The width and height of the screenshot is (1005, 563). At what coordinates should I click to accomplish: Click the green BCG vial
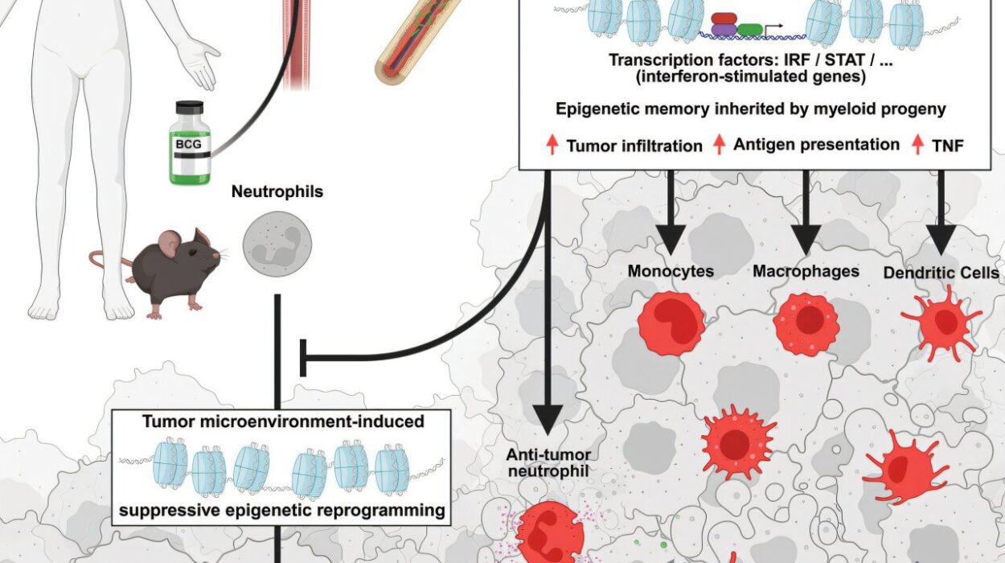[190, 145]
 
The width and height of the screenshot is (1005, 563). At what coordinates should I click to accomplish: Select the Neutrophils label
[277, 191]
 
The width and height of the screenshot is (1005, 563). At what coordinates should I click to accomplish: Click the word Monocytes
[671, 271]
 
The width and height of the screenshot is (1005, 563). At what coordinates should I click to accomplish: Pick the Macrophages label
[806, 271]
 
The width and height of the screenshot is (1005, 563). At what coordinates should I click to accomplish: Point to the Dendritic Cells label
[941, 273]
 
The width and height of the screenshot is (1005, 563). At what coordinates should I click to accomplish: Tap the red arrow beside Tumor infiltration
[552, 146]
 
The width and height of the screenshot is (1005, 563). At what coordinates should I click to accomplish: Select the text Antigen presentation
[816, 145]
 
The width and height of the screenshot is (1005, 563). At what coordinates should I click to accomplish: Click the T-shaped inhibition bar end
[303, 358]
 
